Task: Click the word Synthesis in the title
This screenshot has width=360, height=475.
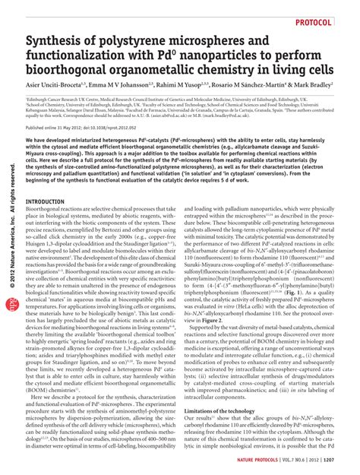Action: point(55,40)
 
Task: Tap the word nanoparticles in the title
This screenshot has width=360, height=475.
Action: point(216,55)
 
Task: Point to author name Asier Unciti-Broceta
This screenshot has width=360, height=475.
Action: point(54,84)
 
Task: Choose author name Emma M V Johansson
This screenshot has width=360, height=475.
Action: point(122,84)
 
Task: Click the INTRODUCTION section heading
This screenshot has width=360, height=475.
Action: point(46,201)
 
